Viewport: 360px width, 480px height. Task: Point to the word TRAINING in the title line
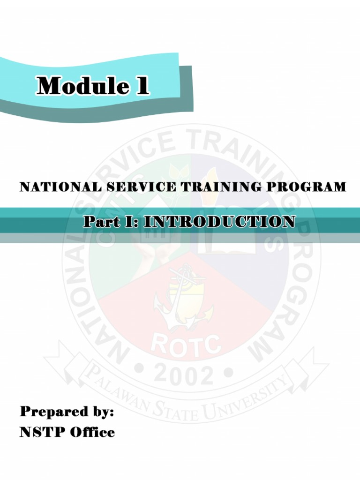pos(218,187)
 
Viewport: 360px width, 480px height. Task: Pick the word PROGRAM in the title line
pos(303,187)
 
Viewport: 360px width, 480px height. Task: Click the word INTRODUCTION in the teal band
pos(219,221)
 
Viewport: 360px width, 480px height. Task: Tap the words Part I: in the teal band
pos(111,221)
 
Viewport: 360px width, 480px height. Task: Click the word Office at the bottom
pos(92,432)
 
